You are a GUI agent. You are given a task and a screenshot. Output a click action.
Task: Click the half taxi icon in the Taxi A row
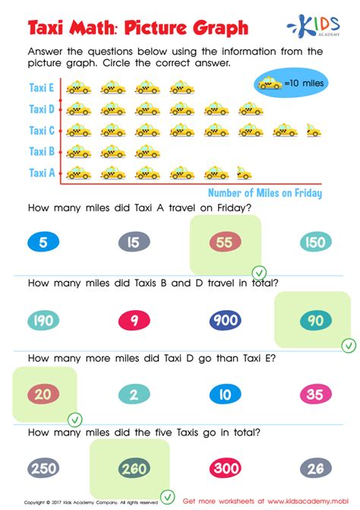tap(244, 173)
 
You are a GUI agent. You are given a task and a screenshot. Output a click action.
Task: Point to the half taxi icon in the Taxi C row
tap(313, 131)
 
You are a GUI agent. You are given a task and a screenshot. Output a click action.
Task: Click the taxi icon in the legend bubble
tap(267, 84)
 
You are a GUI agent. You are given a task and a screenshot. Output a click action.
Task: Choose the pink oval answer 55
tap(225, 242)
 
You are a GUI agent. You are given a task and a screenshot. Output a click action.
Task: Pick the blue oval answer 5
tap(43, 242)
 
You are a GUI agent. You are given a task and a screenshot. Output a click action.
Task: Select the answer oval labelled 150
tap(314, 242)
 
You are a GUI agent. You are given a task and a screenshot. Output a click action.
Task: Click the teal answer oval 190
tap(43, 320)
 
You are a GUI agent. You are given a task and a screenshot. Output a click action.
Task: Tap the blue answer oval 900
tap(226, 320)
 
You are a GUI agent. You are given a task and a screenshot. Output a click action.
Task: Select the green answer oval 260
tap(134, 468)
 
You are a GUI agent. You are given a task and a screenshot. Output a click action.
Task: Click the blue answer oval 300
tap(226, 468)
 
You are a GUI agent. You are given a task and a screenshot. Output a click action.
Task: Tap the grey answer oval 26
tap(314, 468)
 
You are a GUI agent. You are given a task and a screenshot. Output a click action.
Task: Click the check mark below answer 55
tap(259, 272)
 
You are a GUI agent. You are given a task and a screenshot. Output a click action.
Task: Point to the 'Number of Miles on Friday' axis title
tap(264, 193)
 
